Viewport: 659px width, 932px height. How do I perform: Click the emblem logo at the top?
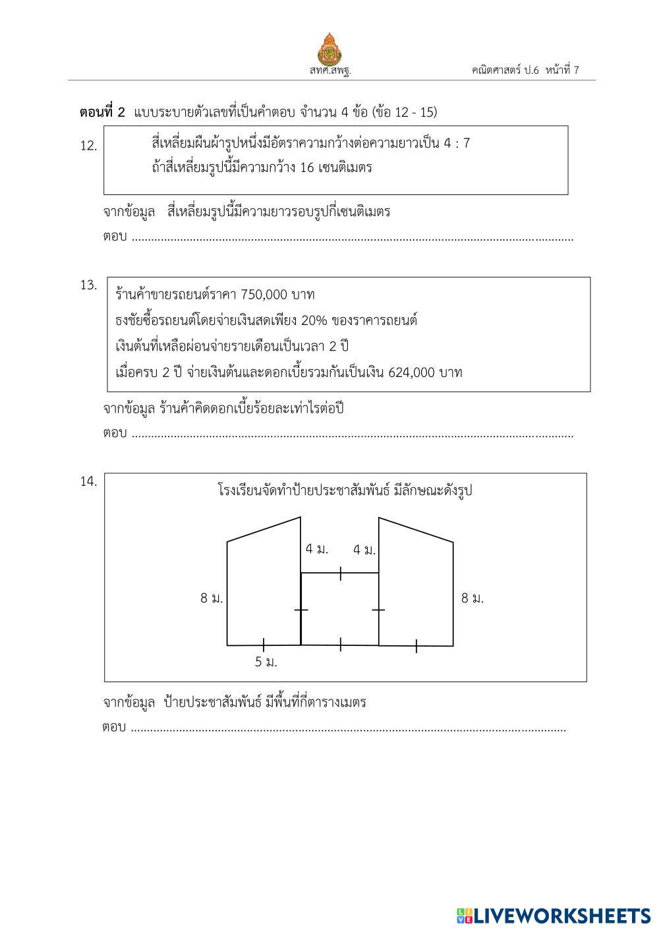(329, 47)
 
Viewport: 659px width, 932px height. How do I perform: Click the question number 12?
(88, 146)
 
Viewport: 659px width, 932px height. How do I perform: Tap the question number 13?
(88, 285)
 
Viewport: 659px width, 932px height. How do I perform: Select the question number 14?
(88, 482)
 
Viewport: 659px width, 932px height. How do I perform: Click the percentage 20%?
(314, 320)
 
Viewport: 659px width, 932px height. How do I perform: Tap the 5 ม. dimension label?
(266, 662)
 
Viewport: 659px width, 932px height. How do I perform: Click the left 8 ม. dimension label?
(212, 598)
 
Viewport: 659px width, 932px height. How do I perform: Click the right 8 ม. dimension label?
(472, 598)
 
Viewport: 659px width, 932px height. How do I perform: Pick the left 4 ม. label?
(316, 549)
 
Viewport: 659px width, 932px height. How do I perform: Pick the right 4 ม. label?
(364, 550)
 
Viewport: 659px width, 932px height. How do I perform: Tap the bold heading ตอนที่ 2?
(102, 112)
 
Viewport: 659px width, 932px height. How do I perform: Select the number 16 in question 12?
(306, 167)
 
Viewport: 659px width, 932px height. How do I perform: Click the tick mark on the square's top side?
(340, 573)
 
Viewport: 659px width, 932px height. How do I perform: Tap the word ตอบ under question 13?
(115, 434)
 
